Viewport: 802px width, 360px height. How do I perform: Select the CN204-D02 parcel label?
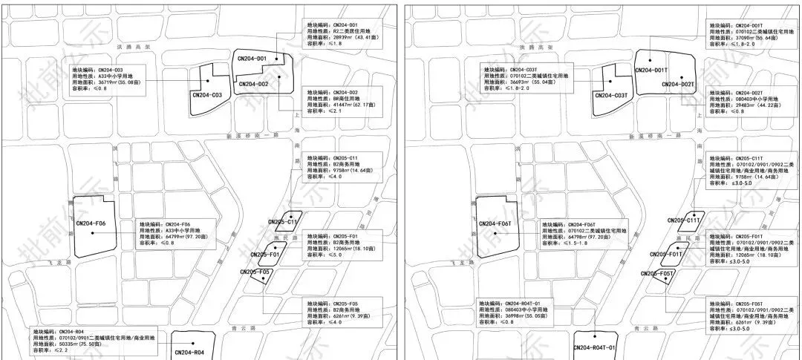point(253,84)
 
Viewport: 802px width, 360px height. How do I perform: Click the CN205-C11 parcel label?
point(282,222)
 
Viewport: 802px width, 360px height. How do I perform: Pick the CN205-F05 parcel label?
point(257,272)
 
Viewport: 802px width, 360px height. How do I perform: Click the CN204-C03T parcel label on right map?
point(612,96)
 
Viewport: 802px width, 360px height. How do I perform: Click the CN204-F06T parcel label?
point(497,223)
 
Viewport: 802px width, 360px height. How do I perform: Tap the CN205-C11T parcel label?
point(684,220)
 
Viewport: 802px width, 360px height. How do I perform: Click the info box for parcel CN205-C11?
point(343,168)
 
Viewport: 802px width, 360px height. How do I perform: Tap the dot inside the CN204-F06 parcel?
point(93,233)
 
